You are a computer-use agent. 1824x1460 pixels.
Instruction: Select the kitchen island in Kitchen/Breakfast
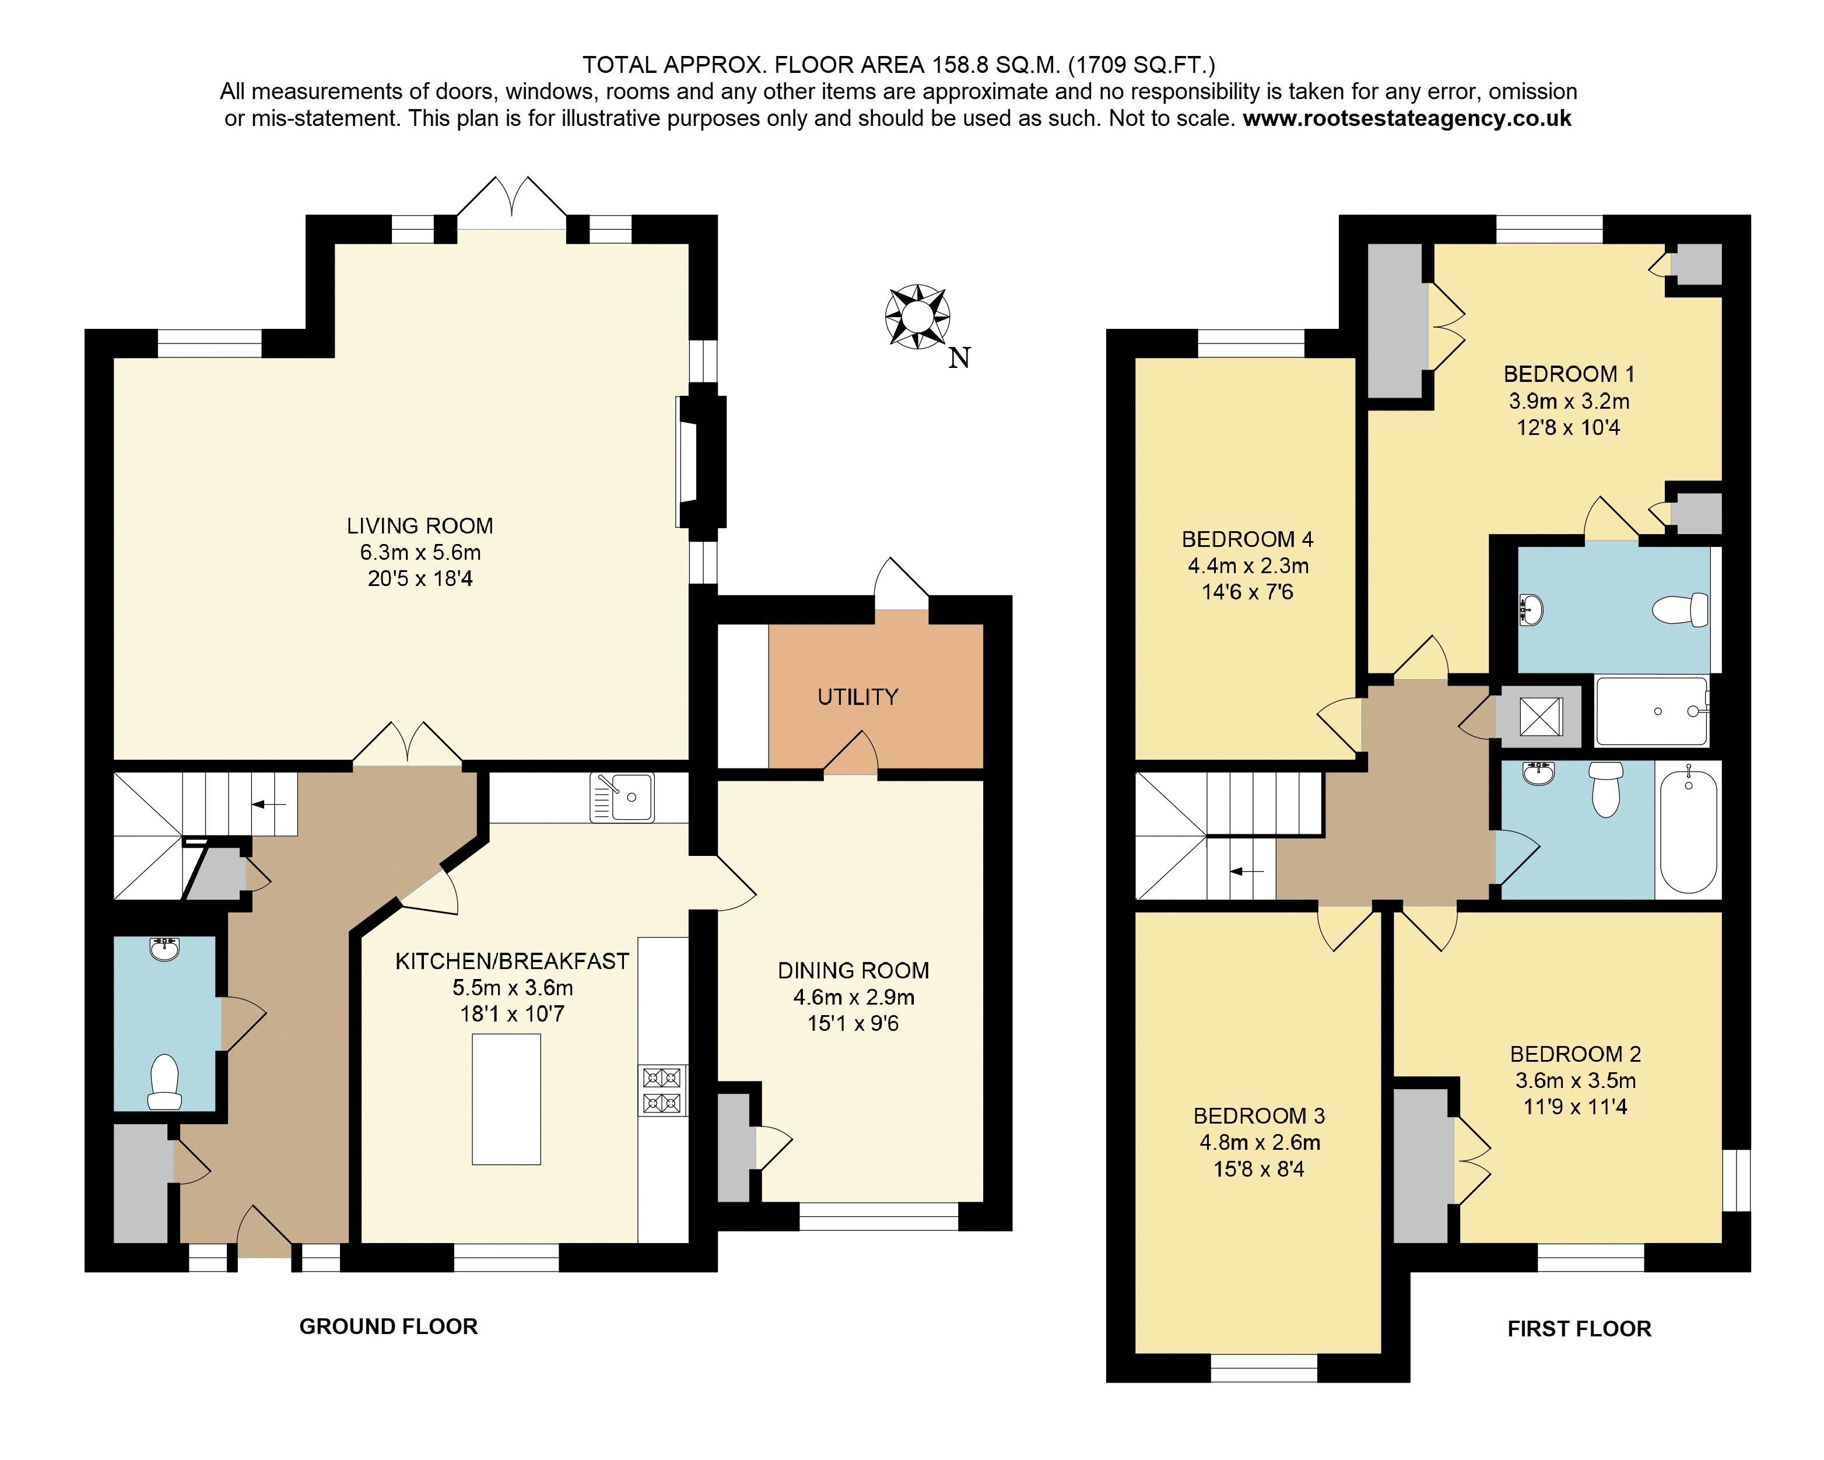coord(506,1099)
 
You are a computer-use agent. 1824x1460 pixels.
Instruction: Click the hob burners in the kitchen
coord(662,1090)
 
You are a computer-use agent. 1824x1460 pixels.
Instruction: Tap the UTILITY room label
coord(858,697)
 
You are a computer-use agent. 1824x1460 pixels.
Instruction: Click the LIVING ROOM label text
coord(420,525)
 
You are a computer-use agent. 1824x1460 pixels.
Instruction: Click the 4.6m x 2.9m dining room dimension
coord(854,997)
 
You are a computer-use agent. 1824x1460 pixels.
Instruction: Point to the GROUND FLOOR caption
coord(388,1326)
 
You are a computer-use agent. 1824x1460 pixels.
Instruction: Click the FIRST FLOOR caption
coord(1579,1329)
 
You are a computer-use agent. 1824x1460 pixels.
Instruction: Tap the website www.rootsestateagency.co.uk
coord(1407,118)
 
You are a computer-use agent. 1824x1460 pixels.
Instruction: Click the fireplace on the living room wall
coord(700,462)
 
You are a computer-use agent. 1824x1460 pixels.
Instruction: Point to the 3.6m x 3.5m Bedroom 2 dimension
coord(1575,1080)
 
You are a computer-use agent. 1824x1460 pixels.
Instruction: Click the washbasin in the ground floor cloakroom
coord(164,949)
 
